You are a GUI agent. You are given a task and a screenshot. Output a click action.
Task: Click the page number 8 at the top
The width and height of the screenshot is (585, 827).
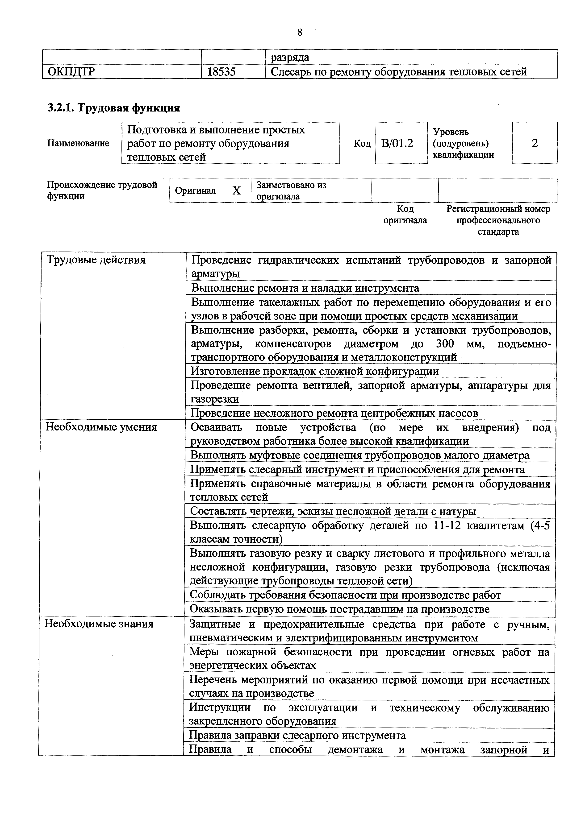(x=300, y=33)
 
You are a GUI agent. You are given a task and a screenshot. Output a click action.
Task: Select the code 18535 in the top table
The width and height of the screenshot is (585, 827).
(x=221, y=72)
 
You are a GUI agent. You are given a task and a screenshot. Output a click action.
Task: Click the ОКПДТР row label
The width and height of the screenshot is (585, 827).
(x=71, y=72)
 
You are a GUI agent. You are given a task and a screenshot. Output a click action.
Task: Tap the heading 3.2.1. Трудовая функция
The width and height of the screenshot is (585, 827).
(x=113, y=108)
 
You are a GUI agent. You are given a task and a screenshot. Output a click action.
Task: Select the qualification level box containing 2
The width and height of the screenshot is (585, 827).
(x=534, y=143)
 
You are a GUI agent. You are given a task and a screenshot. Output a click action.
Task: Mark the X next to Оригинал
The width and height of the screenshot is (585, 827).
(x=236, y=190)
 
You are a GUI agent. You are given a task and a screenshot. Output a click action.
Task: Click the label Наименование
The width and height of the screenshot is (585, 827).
(x=78, y=143)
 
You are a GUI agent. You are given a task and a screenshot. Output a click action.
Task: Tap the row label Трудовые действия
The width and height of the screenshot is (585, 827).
(x=96, y=260)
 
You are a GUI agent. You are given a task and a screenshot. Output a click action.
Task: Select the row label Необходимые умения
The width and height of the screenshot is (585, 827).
(x=101, y=427)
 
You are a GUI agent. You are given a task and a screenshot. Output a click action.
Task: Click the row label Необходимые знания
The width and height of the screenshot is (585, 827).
(x=99, y=624)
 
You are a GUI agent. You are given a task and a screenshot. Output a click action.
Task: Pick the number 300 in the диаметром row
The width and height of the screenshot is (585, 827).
(x=445, y=344)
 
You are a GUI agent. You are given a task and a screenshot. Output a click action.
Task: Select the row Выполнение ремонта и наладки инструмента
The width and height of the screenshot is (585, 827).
(x=305, y=288)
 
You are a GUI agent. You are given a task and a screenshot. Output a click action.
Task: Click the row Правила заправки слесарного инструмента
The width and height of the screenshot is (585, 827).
(x=298, y=735)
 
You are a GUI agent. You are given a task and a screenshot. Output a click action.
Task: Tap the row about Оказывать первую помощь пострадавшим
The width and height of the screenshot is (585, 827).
(x=339, y=609)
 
